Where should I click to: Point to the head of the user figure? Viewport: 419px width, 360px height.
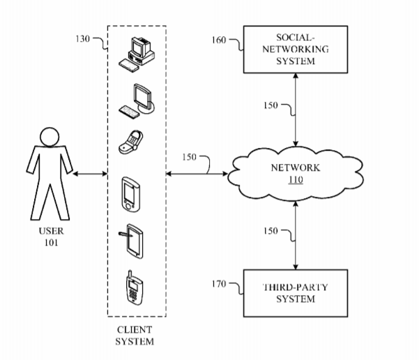coord(48,137)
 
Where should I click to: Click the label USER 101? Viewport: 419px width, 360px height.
coord(48,237)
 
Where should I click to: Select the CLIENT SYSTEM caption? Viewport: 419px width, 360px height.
coord(135,336)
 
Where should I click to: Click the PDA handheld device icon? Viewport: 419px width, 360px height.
coord(131,193)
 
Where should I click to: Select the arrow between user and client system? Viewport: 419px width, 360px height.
coord(89,173)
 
